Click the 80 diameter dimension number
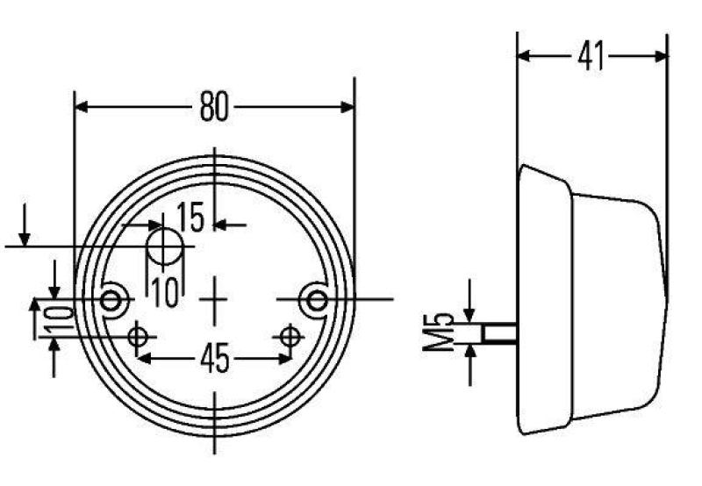click(213, 107)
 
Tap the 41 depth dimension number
click(591, 56)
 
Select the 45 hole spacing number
click(215, 358)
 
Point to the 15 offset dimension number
click(190, 218)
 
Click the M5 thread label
click(445, 332)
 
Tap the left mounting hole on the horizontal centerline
click(111, 300)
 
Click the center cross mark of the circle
click(214, 299)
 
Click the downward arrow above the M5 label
click(470, 313)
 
